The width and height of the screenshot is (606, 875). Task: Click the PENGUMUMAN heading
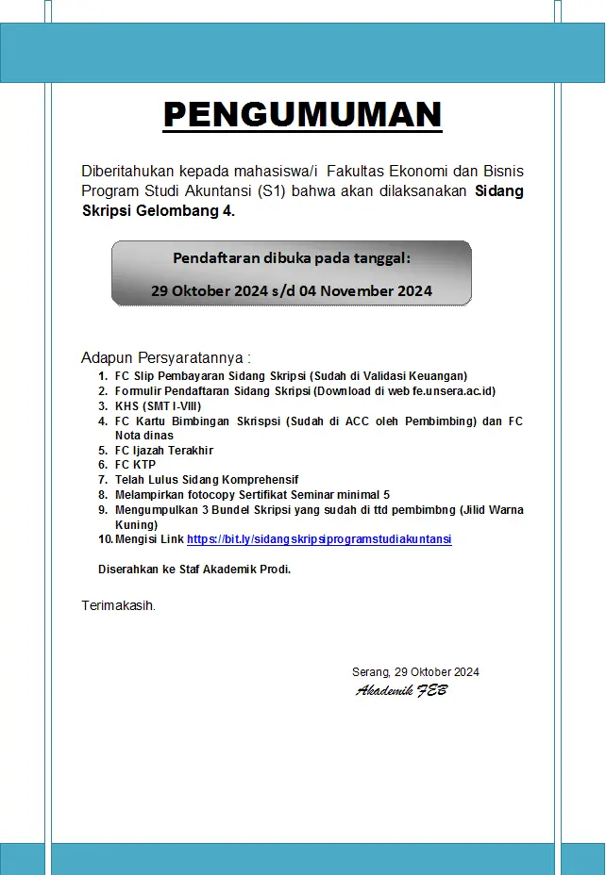302,115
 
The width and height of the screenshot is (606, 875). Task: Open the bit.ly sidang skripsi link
319,539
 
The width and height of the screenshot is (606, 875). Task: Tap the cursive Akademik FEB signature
401,691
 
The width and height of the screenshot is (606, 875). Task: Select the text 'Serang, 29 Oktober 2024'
415,672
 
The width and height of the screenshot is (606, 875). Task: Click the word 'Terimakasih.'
119,605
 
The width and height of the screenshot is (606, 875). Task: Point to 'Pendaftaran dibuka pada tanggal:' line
292,258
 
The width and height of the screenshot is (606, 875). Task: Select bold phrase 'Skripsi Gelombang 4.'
159,210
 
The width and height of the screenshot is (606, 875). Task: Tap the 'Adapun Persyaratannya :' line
166,357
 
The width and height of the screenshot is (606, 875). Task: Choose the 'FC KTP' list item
135,465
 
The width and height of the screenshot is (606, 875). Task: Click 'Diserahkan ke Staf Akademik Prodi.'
194,569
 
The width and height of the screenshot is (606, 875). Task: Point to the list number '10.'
105,539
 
